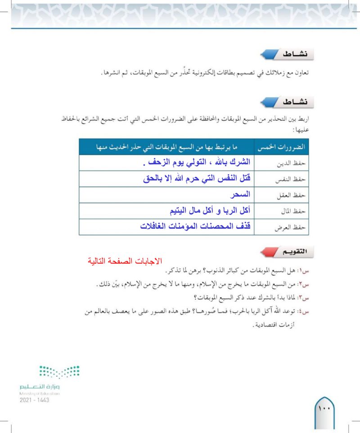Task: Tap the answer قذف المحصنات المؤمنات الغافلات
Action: click(x=195, y=226)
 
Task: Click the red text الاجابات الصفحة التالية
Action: click(x=125, y=261)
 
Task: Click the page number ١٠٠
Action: click(x=325, y=410)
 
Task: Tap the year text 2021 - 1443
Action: click(x=35, y=400)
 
